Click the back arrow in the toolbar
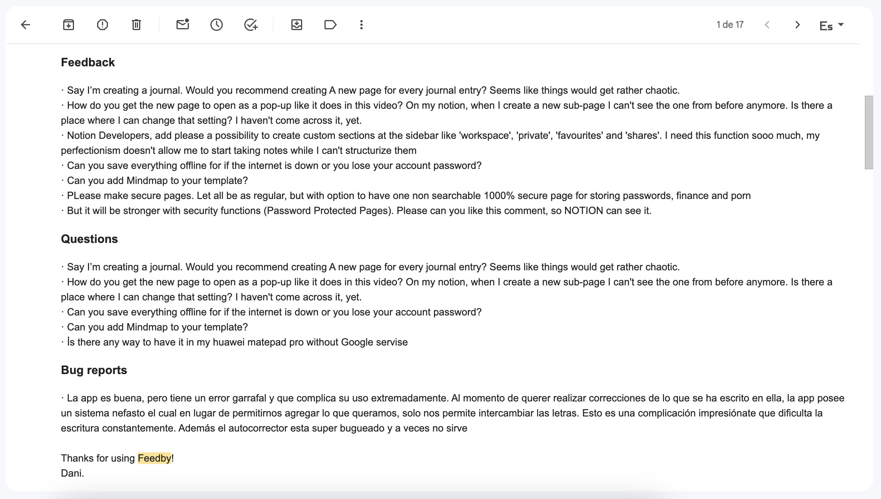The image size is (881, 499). [26, 25]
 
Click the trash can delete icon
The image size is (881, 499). [136, 25]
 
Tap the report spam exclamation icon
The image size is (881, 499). [103, 25]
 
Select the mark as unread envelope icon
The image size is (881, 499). [183, 25]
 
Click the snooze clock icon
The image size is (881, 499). [217, 25]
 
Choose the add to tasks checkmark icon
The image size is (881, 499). [251, 25]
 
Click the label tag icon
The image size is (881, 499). [330, 25]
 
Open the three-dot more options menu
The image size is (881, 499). [361, 25]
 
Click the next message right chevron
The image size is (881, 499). [797, 25]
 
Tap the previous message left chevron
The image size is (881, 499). [767, 25]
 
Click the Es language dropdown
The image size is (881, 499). [831, 25]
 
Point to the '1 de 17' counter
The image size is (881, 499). [730, 25]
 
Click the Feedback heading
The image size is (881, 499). [88, 62]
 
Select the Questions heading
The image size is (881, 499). [89, 239]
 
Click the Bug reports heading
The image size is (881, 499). [94, 370]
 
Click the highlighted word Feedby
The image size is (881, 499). [154, 458]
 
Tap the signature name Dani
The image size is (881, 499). [72, 473]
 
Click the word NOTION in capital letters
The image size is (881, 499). [583, 211]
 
